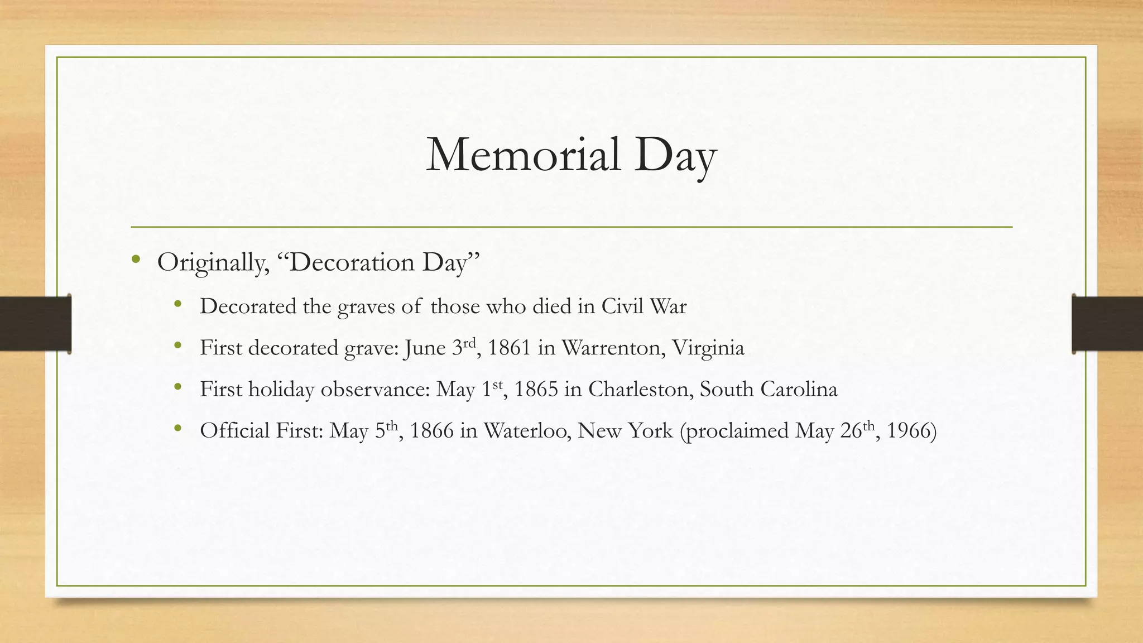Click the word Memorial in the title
click(x=523, y=155)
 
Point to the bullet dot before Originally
click(x=136, y=259)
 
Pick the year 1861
click(x=509, y=348)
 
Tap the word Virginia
click(x=708, y=348)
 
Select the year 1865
click(x=536, y=389)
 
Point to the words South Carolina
click(x=769, y=389)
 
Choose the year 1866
click(x=431, y=430)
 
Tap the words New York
click(x=625, y=430)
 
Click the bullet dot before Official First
click(x=178, y=428)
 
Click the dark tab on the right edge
click(x=1107, y=324)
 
